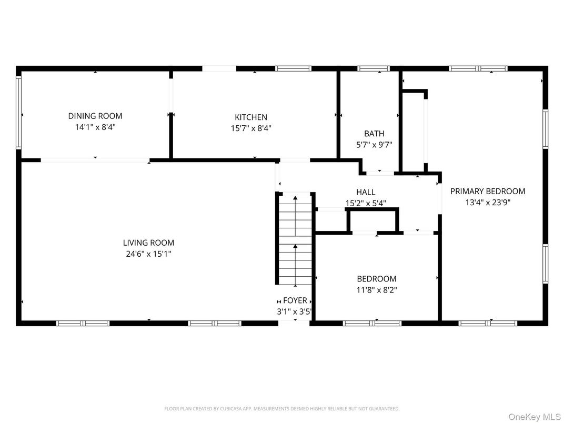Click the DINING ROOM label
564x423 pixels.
(95, 116)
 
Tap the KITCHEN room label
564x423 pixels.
(251, 117)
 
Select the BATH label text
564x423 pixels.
(374, 134)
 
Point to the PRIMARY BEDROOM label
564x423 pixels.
(488, 192)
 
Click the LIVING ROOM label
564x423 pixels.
(148, 243)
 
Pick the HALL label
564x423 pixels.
(366, 192)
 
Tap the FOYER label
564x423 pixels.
(295, 300)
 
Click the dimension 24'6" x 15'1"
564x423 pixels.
(148, 254)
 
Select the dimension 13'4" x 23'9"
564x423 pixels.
(488, 203)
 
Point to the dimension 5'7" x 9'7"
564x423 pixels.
(374, 145)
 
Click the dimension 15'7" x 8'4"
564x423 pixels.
(251, 128)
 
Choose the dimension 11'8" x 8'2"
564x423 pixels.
(377, 290)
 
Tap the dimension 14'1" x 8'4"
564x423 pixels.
(95, 127)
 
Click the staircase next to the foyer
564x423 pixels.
(295, 239)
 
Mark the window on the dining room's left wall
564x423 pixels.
(19, 113)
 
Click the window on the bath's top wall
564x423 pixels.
(374, 68)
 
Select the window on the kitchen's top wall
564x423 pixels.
(293, 68)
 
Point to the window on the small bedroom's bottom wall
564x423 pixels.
(372, 324)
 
